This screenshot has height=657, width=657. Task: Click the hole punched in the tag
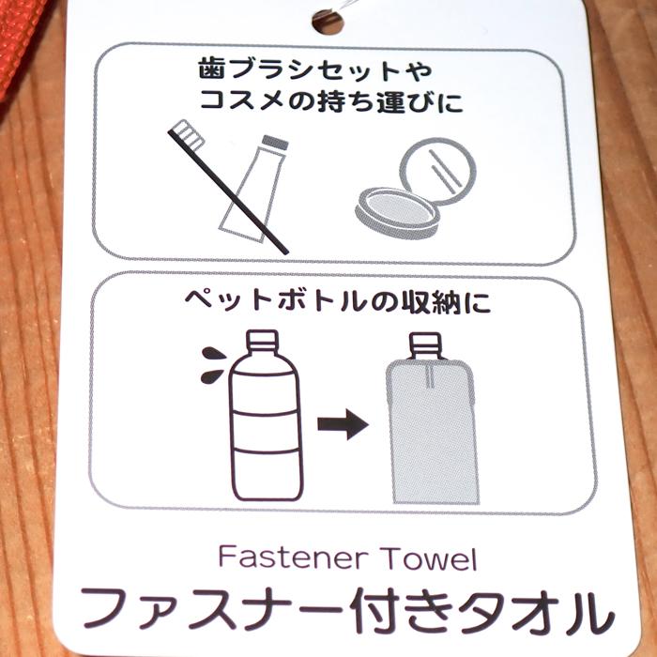tap(328, 22)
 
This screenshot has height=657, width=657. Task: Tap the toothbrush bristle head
tap(187, 134)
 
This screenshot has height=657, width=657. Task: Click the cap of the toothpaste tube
tap(275, 143)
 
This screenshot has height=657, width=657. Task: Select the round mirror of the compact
tap(438, 171)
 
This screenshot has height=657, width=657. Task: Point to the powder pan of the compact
tap(397, 214)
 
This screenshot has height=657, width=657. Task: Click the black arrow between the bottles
tap(343, 424)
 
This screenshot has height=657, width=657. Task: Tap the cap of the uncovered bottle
tap(262, 341)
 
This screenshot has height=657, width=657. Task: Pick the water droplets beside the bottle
tap(214, 365)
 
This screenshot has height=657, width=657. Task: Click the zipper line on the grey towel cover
tap(428, 375)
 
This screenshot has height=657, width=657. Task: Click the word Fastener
tap(293, 558)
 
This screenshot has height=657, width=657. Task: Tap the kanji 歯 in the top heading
tap(211, 69)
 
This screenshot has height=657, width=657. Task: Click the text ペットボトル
tap(275, 301)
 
